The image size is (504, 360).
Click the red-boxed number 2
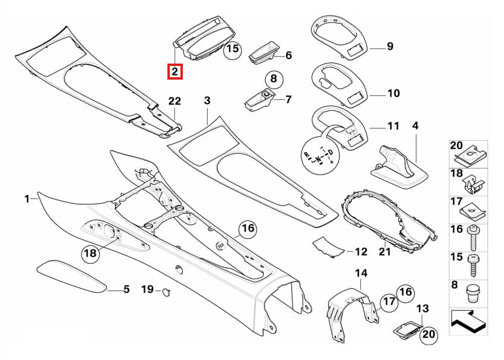[x=175, y=71]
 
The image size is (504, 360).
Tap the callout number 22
[x=175, y=101]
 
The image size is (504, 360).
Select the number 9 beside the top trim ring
[x=390, y=46]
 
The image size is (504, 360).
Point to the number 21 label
[x=385, y=251]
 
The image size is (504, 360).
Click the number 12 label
[x=361, y=251]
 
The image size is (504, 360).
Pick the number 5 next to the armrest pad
[x=126, y=289]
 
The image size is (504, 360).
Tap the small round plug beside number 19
[x=166, y=292]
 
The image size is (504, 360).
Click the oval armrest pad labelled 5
[x=71, y=276]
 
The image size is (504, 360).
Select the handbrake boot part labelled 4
[x=399, y=168]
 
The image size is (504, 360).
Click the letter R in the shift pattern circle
[x=307, y=154]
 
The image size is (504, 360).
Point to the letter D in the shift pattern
[x=331, y=152]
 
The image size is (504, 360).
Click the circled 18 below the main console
[x=90, y=253]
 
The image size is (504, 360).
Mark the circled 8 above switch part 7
[x=274, y=79]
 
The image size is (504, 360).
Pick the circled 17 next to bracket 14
[x=389, y=301]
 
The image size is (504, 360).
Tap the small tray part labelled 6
[x=264, y=52]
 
